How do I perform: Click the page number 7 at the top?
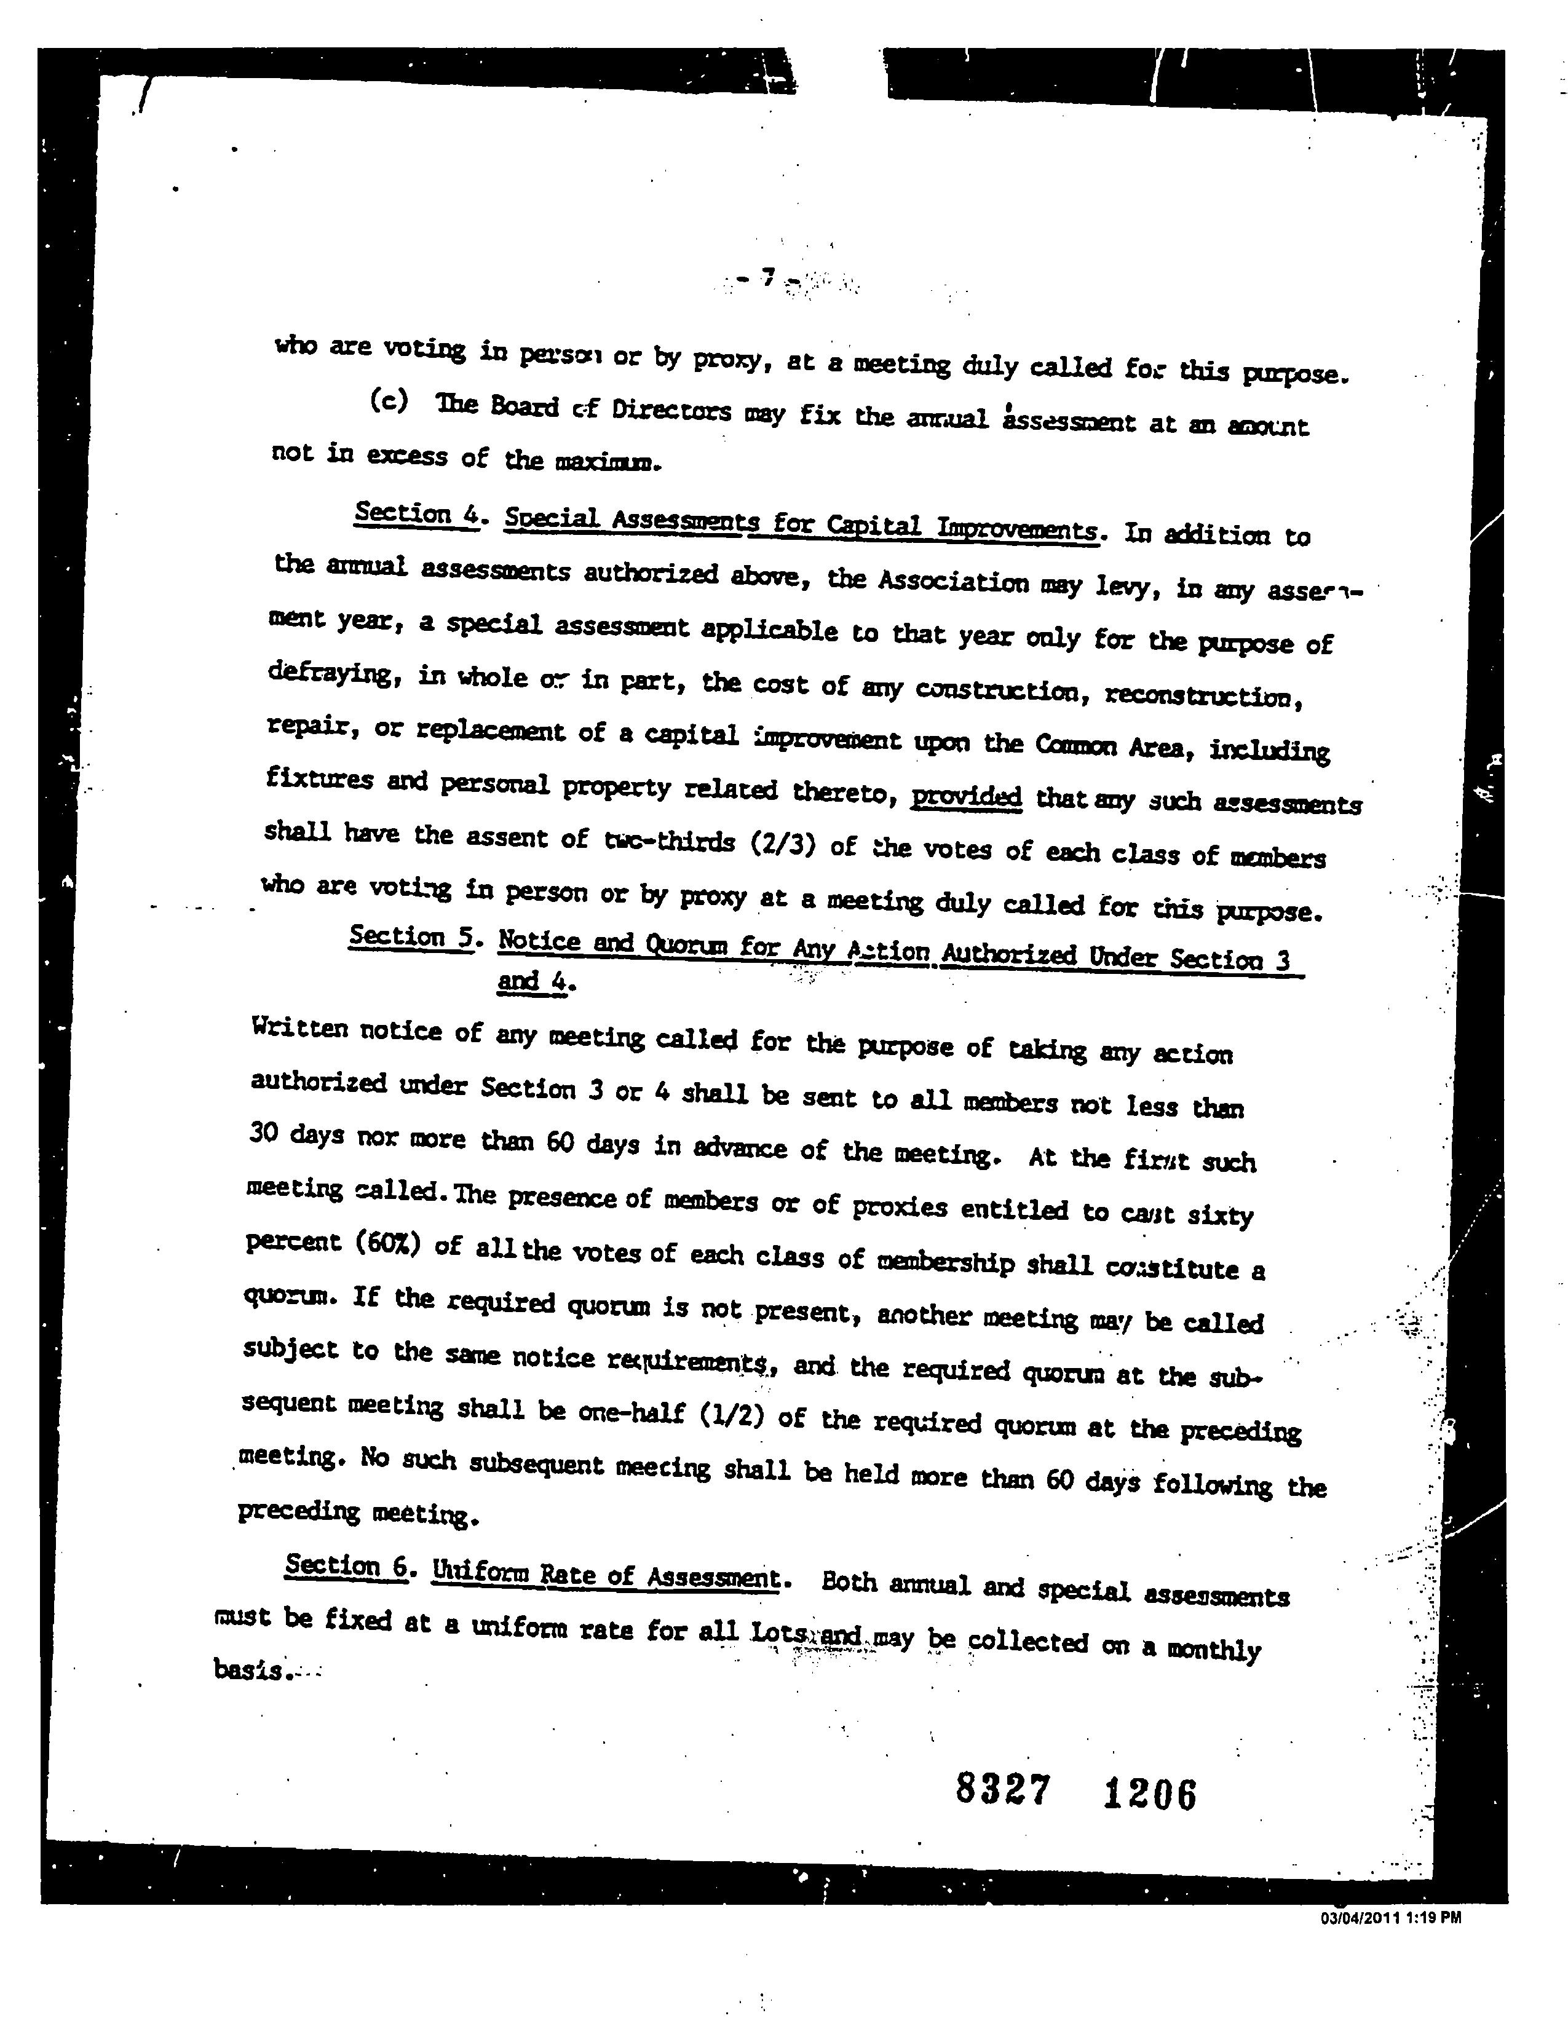(x=767, y=276)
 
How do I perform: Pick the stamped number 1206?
(x=1150, y=1794)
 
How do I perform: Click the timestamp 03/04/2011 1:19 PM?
(x=1390, y=1916)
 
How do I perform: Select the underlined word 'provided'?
(x=966, y=796)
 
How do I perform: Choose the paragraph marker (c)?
(x=389, y=401)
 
